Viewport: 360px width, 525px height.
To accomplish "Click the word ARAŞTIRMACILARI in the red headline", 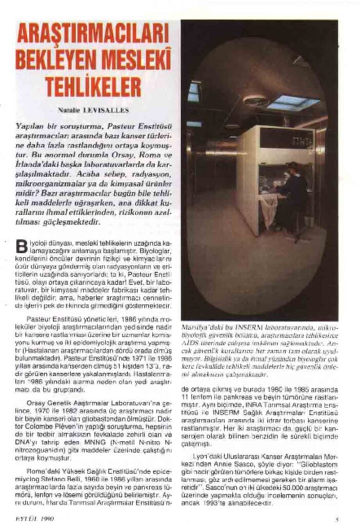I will pos(93,35).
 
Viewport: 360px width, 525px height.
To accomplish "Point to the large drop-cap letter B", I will pos(23,245).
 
